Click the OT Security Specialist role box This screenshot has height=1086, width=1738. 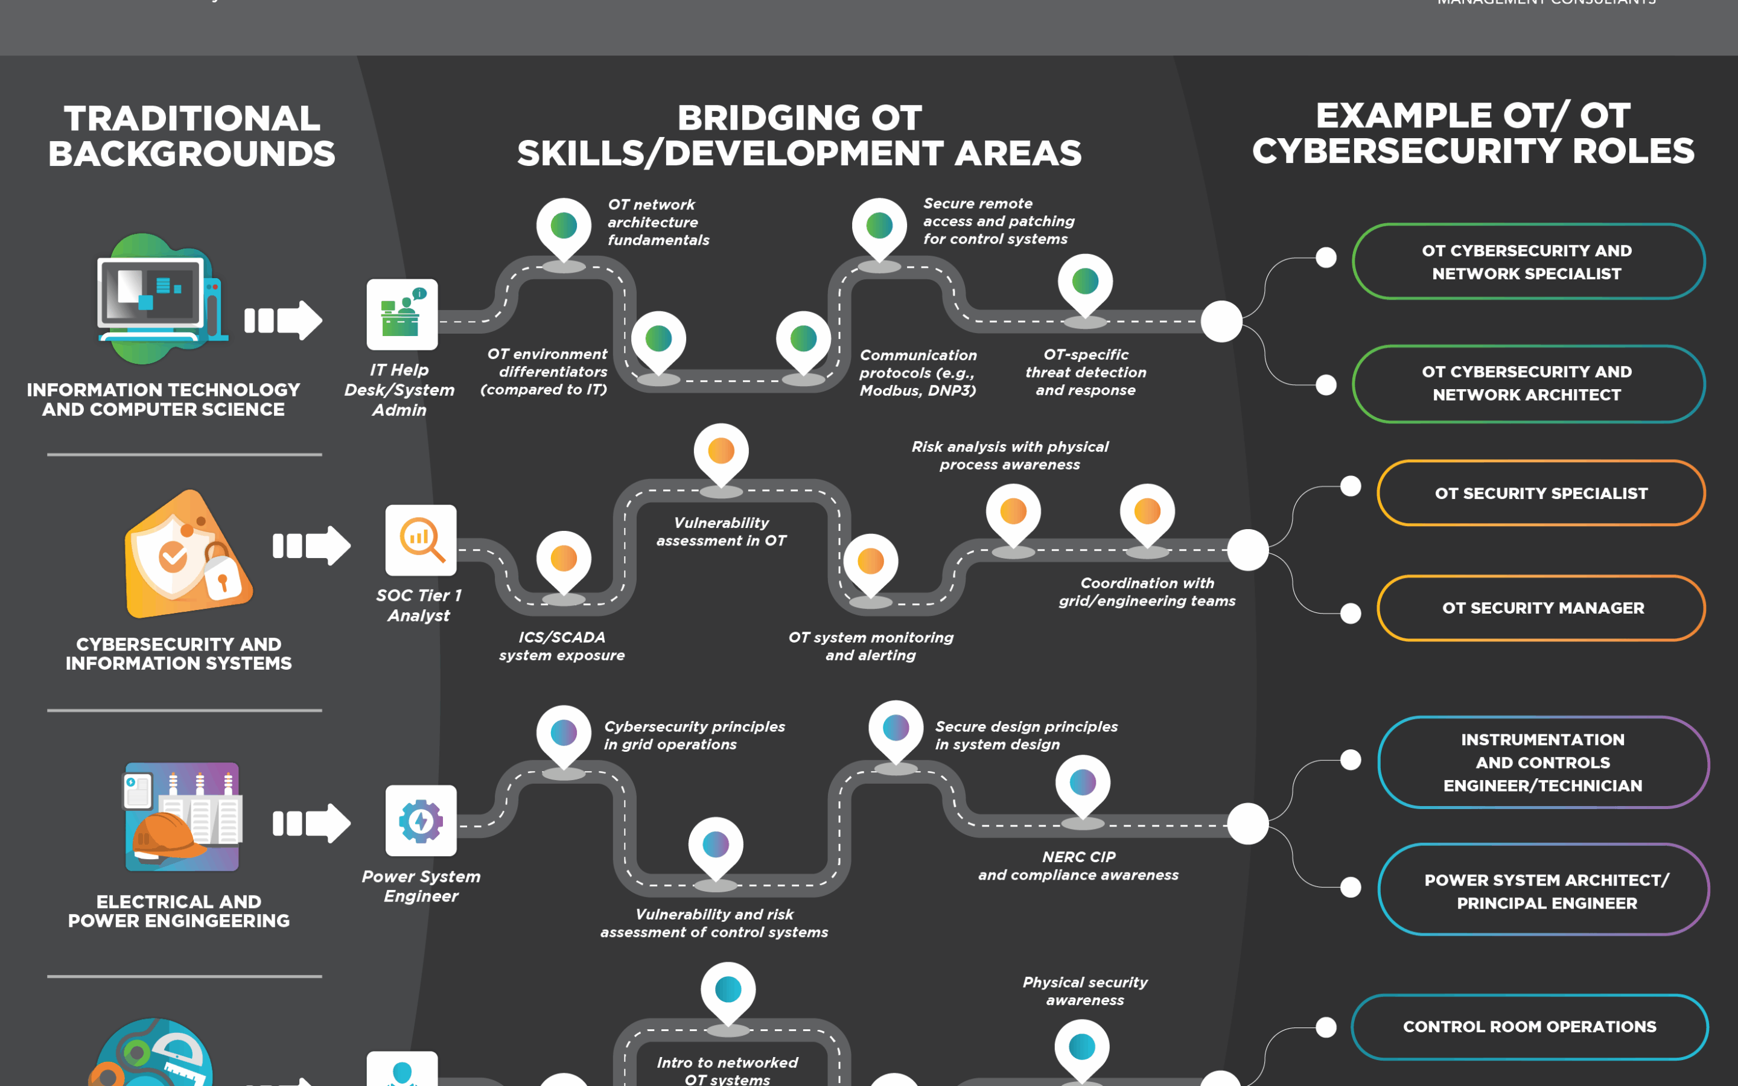tap(1541, 494)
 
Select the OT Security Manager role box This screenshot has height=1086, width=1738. tap(1541, 608)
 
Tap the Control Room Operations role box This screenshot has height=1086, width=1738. tap(1529, 1026)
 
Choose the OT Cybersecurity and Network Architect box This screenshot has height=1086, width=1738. tap(1527, 384)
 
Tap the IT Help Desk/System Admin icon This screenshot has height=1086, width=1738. tap(402, 314)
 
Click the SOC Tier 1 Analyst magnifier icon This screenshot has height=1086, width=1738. tap(421, 540)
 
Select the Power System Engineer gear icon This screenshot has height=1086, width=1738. tap(421, 821)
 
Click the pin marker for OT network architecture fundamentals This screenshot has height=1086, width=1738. tap(564, 227)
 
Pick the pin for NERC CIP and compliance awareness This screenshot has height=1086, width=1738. tap(1082, 784)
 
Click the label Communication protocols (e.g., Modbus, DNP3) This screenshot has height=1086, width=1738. tap(918, 373)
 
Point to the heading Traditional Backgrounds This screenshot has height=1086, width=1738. tap(192, 136)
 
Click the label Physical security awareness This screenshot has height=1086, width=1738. tap(1084, 991)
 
